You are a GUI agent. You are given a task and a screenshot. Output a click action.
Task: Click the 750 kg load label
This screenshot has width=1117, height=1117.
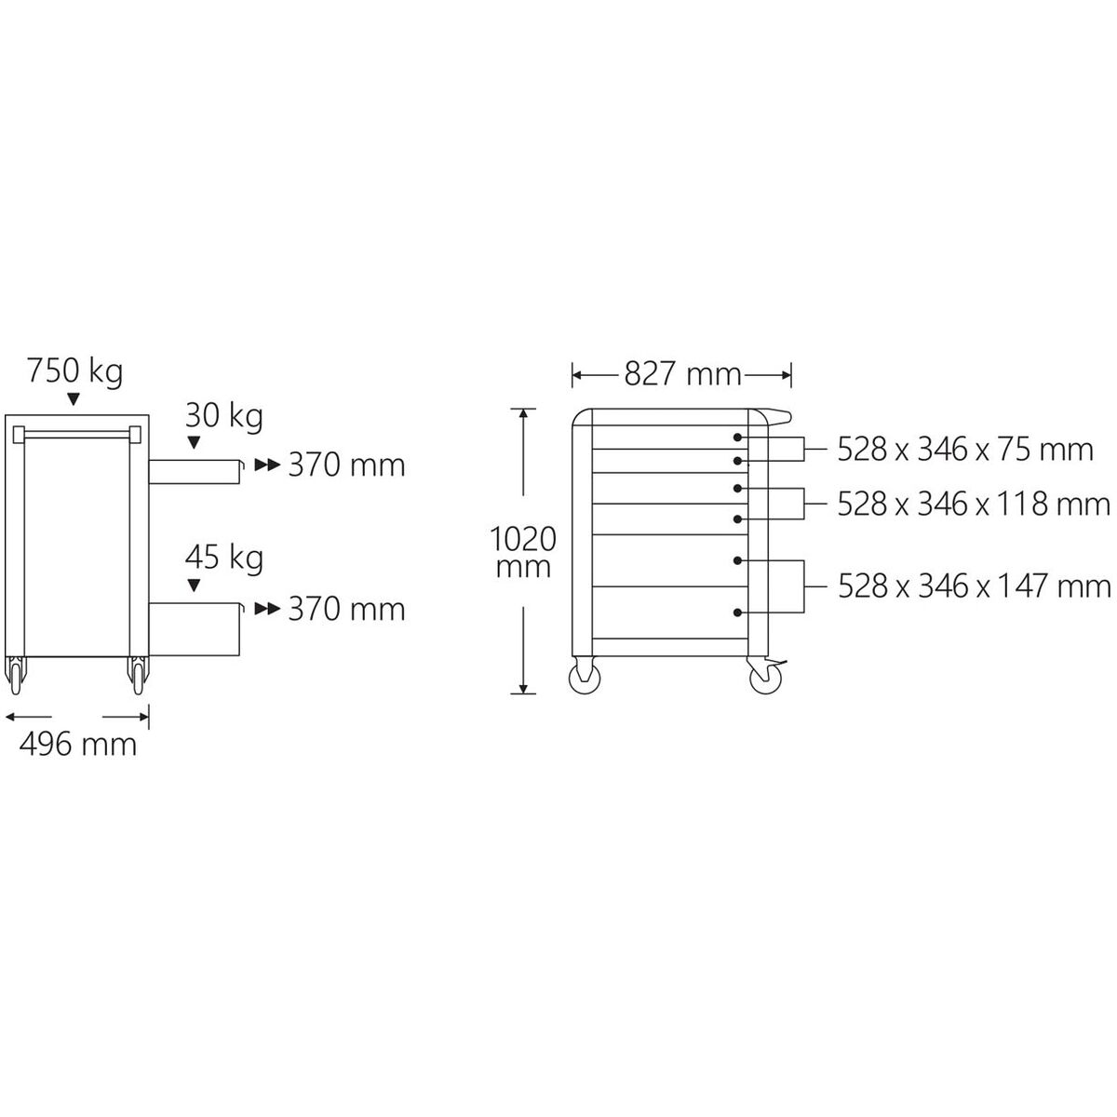(x=74, y=371)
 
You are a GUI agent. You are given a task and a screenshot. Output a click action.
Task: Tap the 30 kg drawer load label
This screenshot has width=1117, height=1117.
(x=223, y=416)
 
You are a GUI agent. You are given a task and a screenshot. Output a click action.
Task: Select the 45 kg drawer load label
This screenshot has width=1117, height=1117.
(x=223, y=558)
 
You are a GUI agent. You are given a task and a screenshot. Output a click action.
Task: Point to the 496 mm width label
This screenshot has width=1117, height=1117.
(x=77, y=744)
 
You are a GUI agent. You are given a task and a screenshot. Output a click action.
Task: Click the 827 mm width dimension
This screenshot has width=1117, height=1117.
(x=682, y=374)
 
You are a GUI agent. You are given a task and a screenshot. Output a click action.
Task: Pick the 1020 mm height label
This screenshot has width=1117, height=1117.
(x=523, y=552)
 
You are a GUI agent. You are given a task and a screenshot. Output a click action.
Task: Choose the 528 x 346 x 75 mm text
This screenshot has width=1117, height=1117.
(x=965, y=450)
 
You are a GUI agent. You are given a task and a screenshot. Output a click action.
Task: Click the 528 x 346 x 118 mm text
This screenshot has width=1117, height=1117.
(x=974, y=504)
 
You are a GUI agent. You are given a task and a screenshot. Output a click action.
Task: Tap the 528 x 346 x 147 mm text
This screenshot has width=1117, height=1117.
(x=975, y=586)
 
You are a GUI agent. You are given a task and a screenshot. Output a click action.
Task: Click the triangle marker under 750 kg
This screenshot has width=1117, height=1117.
(x=73, y=398)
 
